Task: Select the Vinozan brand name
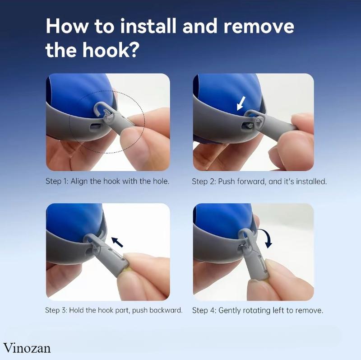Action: (x=27, y=348)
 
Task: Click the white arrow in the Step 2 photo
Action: (x=241, y=103)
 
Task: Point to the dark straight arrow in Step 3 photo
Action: (x=117, y=242)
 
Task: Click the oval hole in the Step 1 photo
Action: (x=95, y=126)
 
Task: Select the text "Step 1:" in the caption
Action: (x=57, y=181)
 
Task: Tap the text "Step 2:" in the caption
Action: (x=204, y=182)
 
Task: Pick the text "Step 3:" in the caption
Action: (x=56, y=310)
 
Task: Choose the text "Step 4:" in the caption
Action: (x=204, y=310)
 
